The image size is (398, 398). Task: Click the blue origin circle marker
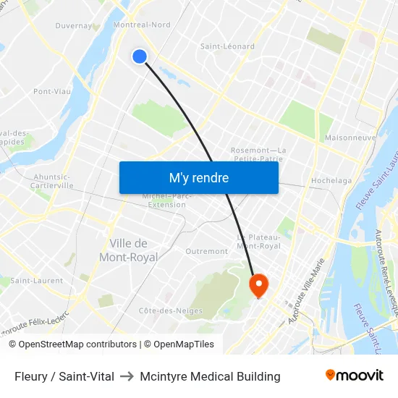tap(140, 56)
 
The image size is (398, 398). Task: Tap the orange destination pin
tap(258, 284)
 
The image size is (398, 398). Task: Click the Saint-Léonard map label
tap(227, 46)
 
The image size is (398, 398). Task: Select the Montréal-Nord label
tap(142, 25)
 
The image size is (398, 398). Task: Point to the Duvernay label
tap(74, 26)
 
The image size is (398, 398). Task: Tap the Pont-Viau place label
tap(51, 92)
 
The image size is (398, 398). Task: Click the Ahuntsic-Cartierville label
tap(52, 181)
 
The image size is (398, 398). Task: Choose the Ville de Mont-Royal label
tap(128, 250)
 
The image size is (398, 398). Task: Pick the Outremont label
tap(206, 252)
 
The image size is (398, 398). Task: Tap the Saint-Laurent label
tap(36, 281)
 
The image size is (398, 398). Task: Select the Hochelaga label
tap(331, 181)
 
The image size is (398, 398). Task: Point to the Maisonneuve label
tap(350, 137)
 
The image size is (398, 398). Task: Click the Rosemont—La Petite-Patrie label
tap(258, 155)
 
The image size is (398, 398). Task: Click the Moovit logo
tap(354, 375)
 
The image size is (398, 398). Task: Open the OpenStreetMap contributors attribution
tap(72, 344)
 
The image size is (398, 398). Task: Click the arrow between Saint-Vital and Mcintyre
tap(127, 376)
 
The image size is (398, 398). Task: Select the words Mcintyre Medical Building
tap(210, 376)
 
